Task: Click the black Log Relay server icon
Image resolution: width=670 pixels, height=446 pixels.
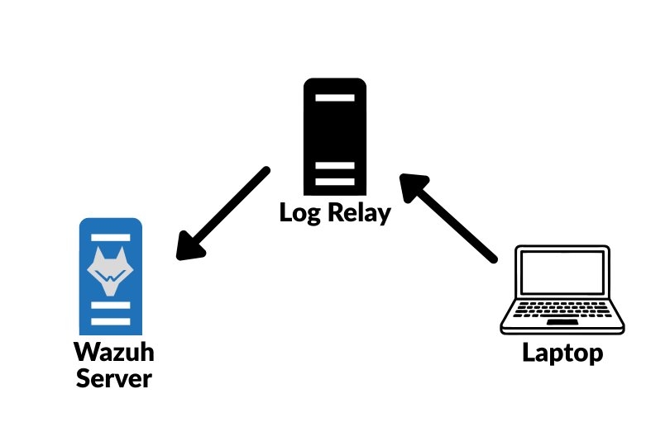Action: tap(335, 136)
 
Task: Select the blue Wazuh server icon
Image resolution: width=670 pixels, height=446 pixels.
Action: tap(111, 277)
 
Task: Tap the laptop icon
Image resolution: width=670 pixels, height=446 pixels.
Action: tap(562, 289)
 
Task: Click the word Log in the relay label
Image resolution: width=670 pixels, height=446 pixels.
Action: tap(299, 212)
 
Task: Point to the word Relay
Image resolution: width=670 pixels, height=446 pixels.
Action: tap(359, 212)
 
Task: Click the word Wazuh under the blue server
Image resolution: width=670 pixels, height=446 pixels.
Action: tap(114, 352)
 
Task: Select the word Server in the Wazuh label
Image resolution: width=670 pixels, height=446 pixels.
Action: tap(114, 378)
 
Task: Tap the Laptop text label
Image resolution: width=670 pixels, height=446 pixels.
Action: tap(562, 353)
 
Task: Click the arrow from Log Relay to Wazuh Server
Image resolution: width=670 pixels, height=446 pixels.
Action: tap(223, 213)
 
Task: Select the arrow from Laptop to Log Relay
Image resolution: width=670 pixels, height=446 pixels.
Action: tap(448, 218)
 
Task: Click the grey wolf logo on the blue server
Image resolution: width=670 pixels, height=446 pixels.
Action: tap(110, 271)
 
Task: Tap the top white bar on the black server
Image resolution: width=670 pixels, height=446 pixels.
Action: tap(335, 97)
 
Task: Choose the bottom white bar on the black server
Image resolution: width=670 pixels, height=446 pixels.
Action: tap(335, 182)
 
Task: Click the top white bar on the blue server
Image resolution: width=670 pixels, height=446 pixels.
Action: tap(111, 237)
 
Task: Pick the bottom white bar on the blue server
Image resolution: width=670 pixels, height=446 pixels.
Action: tap(111, 321)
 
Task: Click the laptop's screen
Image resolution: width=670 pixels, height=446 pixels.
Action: tap(562, 273)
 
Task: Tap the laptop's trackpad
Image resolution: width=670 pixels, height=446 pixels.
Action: tap(562, 322)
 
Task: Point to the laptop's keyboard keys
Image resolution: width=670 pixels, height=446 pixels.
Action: tap(562, 309)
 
